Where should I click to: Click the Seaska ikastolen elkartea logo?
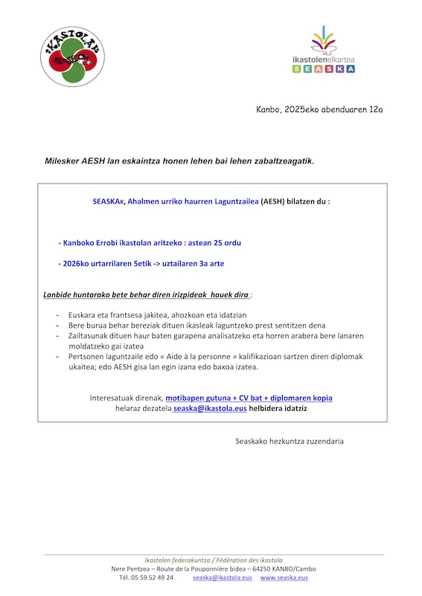[323, 51]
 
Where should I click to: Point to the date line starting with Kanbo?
[319, 110]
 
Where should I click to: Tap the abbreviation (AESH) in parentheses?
[275, 201]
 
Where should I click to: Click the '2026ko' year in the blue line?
[78, 263]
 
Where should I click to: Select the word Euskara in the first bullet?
[83, 315]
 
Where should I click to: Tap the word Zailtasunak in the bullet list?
[89, 336]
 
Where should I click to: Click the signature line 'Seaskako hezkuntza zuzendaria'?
[290, 441]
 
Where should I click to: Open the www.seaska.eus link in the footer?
[284, 577]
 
